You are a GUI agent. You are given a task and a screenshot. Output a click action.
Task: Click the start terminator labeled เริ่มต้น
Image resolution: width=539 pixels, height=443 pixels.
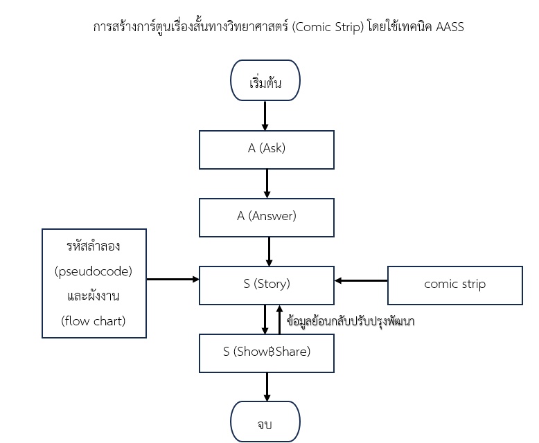[x=265, y=80]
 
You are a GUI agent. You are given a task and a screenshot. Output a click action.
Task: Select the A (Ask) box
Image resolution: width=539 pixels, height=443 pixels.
[x=267, y=150]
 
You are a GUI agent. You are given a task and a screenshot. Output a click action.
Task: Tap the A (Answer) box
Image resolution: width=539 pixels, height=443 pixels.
[x=267, y=217]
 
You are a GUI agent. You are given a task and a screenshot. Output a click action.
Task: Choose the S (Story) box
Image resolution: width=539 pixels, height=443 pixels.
[x=267, y=285]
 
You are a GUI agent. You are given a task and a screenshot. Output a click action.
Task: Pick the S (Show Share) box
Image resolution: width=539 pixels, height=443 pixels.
[x=267, y=353]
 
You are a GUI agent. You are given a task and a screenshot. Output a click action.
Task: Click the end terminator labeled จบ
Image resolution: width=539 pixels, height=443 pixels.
[x=265, y=422]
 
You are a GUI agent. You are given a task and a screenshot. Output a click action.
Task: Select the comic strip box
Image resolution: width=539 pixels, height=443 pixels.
[x=454, y=285]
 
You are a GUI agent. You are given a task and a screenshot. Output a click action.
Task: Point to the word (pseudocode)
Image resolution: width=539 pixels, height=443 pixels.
[x=94, y=271]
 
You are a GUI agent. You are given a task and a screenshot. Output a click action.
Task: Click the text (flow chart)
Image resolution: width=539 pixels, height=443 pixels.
[x=93, y=321]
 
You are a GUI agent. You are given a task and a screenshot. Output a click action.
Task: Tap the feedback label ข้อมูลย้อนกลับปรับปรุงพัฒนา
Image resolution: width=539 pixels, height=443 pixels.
[x=351, y=321]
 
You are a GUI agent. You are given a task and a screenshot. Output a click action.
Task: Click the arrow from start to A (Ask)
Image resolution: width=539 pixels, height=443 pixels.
[x=265, y=116]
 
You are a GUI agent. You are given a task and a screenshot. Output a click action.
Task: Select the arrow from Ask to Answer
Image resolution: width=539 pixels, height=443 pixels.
[x=267, y=183]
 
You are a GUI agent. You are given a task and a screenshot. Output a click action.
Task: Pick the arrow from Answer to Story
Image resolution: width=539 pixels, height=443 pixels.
[x=269, y=251]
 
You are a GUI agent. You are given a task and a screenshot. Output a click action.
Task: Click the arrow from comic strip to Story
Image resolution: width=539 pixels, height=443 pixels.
[x=361, y=280]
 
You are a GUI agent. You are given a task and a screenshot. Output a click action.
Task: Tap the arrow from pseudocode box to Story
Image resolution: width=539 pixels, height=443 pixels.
[x=173, y=279]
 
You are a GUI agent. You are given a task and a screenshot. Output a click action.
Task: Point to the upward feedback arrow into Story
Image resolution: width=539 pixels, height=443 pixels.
[x=279, y=319]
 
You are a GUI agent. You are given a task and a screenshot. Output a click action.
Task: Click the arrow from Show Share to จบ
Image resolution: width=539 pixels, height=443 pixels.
[x=267, y=387]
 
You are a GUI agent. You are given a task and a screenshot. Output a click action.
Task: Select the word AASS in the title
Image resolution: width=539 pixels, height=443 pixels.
[x=450, y=27]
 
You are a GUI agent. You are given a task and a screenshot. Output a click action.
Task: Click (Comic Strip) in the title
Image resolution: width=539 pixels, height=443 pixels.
[x=328, y=27]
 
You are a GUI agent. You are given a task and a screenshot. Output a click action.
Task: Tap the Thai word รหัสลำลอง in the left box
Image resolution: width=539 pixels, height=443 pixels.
[x=93, y=246]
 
